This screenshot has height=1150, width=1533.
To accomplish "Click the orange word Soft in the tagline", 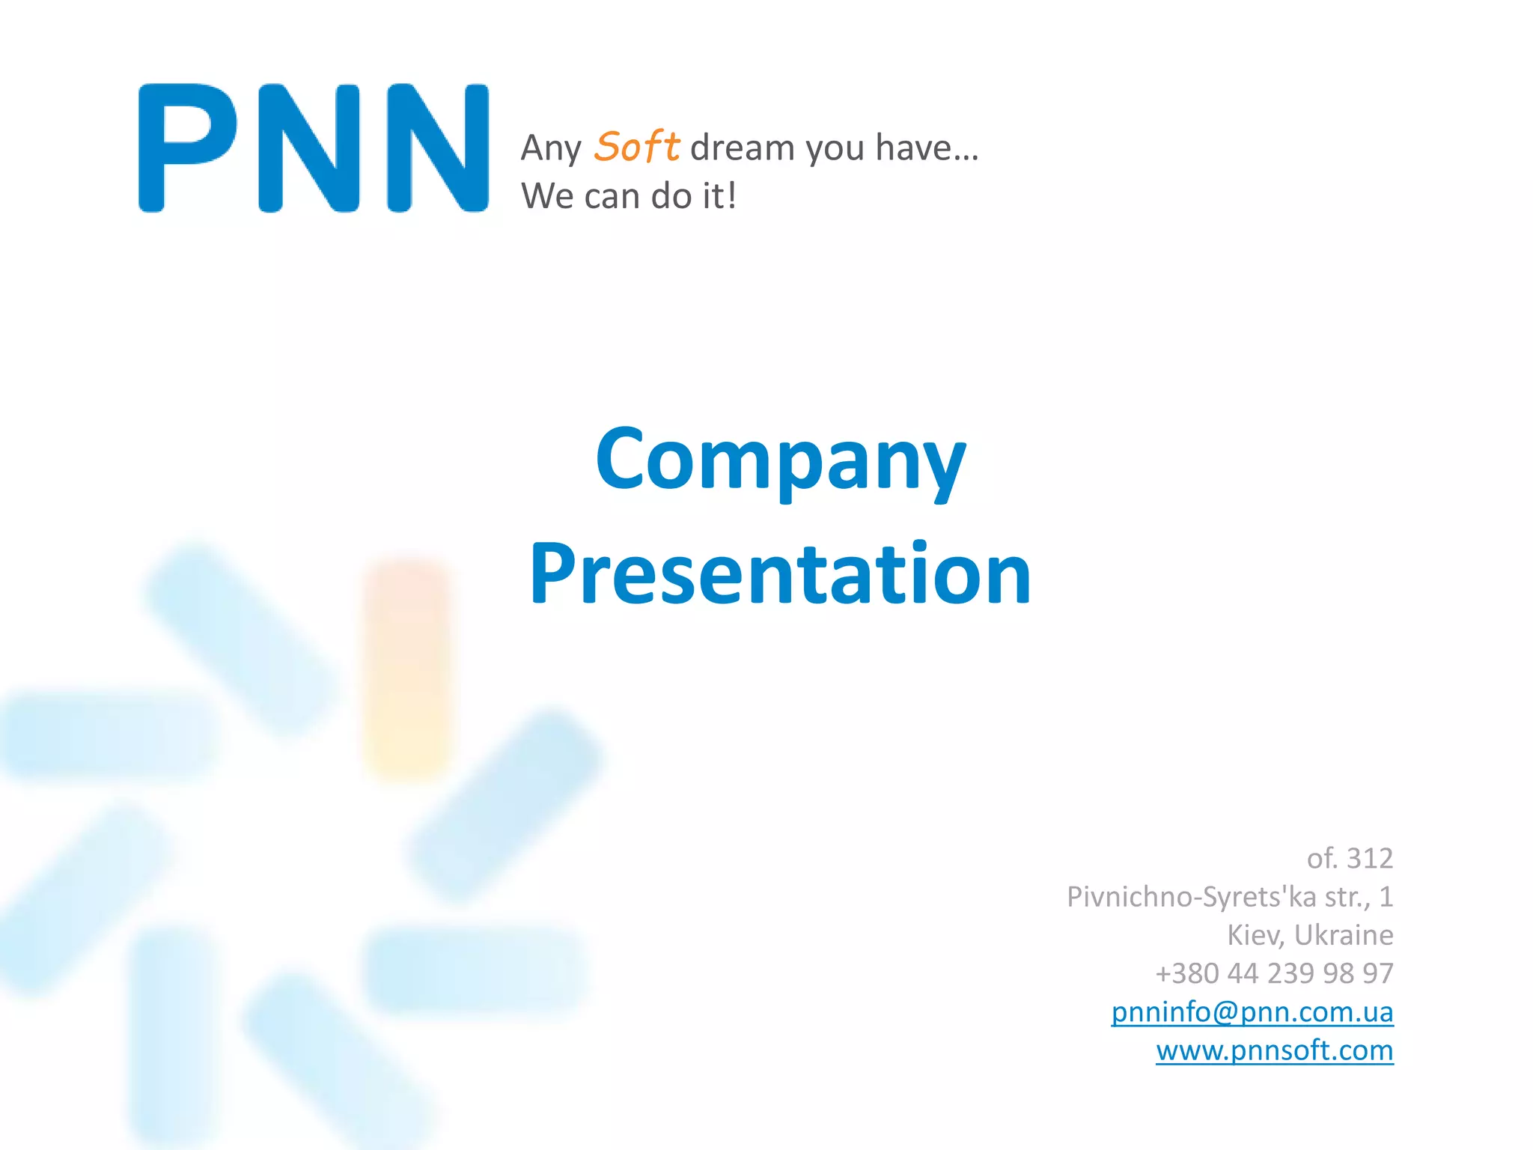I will point(636,146).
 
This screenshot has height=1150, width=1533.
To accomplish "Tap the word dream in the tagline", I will point(742,147).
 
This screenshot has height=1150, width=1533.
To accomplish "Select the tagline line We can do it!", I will point(629,196).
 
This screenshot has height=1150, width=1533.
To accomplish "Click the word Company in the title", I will point(781,460).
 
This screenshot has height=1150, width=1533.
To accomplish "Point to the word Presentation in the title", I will point(781,574).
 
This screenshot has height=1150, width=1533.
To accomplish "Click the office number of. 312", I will point(1350,858).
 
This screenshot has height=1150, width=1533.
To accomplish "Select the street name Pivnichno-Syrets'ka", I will point(1191,896).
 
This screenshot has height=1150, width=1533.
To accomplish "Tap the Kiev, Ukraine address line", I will point(1310,934).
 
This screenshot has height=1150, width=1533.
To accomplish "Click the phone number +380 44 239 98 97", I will point(1274,973).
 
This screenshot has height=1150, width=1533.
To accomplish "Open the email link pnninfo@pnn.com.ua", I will point(1252,1011).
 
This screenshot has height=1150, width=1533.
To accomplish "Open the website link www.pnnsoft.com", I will point(1274,1050).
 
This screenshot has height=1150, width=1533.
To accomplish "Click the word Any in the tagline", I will point(551,148).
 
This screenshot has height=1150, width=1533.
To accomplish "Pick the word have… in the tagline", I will point(927,147).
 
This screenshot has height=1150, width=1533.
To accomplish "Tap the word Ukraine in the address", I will point(1344,934).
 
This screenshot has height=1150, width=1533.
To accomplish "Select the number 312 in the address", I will point(1370,858).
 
